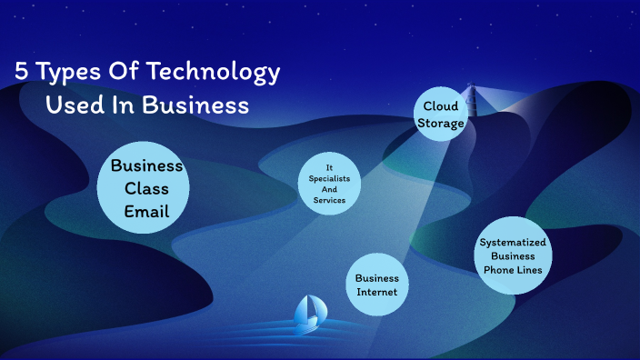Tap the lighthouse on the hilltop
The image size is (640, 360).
point(469,94)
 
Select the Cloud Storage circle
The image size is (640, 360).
point(441,115)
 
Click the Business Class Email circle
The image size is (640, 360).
point(144,187)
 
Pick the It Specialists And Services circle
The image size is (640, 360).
point(330,184)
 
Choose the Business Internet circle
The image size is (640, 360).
point(377,285)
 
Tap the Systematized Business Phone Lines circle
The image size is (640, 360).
point(514,255)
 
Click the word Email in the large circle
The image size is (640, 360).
point(147,211)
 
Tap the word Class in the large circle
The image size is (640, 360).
point(146,188)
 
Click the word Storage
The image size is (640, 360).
point(441,123)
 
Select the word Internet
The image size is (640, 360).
point(377,292)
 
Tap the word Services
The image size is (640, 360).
point(330,200)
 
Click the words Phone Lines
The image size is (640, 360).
point(514,269)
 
